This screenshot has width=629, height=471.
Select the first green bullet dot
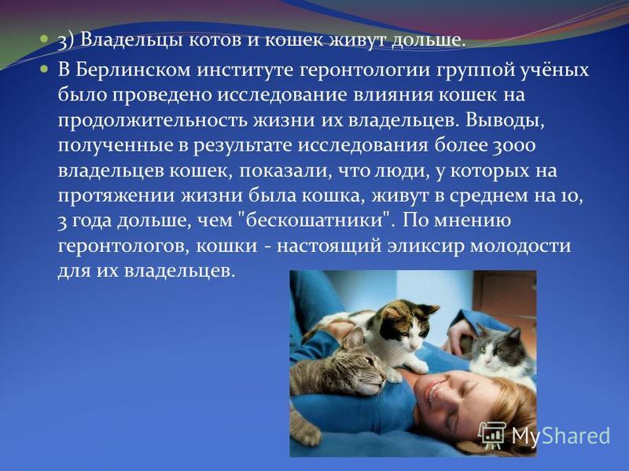[x=44, y=40]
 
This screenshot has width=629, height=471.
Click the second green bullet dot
[x=44, y=70]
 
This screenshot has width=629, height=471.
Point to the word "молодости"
[x=520, y=246]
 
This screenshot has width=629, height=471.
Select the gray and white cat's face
[x=495, y=348]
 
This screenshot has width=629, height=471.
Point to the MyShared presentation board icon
[x=493, y=436]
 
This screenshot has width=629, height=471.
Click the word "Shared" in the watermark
[x=577, y=436]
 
